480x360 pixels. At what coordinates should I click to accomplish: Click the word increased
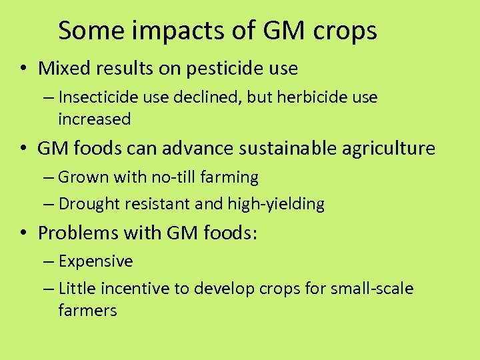click(x=95, y=119)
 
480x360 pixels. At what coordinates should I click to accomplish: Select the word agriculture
click(x=389, y=148)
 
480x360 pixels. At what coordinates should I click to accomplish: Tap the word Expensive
click(x=95, y=261)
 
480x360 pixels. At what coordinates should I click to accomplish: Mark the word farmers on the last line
click(x=87, y=310)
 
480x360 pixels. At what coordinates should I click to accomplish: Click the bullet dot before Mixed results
click(x=23, y=69)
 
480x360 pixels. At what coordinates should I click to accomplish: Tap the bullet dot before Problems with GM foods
click(x=23, y=233)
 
